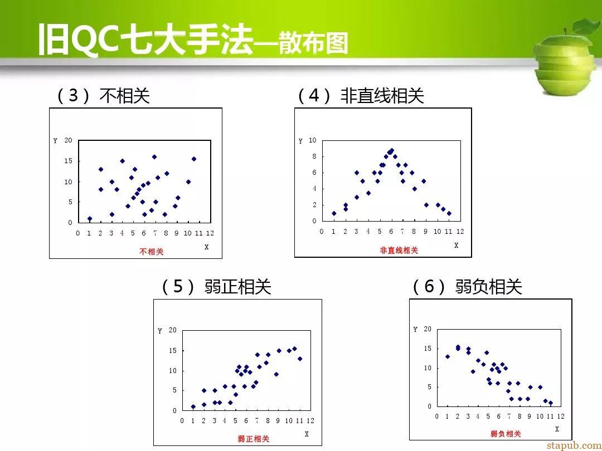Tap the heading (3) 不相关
pos(103,96)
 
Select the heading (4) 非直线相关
pos(361,96)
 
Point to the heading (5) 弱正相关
pos(216,287)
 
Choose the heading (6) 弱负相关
pos(467,287)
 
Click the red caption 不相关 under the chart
pos(151,252)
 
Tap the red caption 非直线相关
pos(399,251)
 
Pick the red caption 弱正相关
pos(254,439)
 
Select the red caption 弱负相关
pos(506,434)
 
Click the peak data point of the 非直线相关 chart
pos(392,151)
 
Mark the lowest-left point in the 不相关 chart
pos(89,219)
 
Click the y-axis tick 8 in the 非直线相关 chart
pos(314,156)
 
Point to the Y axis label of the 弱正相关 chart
pos(160,331)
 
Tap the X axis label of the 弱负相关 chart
pos(557,429)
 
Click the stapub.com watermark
pos(574,445)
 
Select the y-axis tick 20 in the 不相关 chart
pos(68,140)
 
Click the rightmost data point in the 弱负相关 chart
pos(551,403)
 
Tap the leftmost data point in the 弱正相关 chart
pos(193,407)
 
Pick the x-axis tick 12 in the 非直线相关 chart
pos(460,231)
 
